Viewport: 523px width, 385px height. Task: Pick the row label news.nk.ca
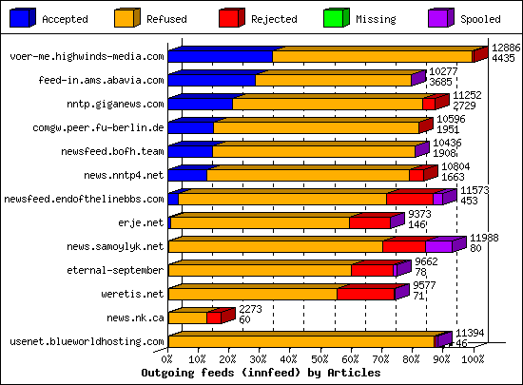coord(135,318)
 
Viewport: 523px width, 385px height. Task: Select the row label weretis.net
coord(132,294)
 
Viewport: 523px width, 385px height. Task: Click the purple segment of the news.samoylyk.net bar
coord(437,247)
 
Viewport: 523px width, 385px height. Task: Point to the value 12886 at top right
coord(506,47)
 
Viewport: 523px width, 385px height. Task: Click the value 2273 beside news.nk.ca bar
coord(251,309)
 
